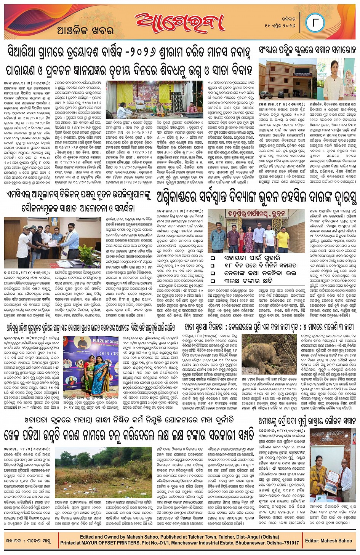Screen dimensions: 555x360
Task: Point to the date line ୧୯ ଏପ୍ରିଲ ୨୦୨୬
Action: (280, 25)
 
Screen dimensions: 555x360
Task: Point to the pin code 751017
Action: (291, 543)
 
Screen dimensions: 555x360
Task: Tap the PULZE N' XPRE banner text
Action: (99, 340)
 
